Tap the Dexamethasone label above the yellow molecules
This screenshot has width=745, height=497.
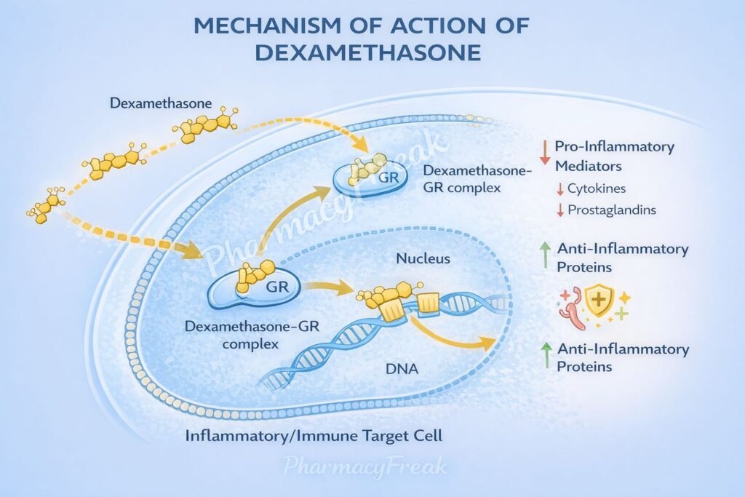[161, 103]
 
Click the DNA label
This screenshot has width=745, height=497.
[402, 370]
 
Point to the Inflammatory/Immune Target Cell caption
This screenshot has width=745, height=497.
[314, 437]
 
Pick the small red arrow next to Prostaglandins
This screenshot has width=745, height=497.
[559, 211]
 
